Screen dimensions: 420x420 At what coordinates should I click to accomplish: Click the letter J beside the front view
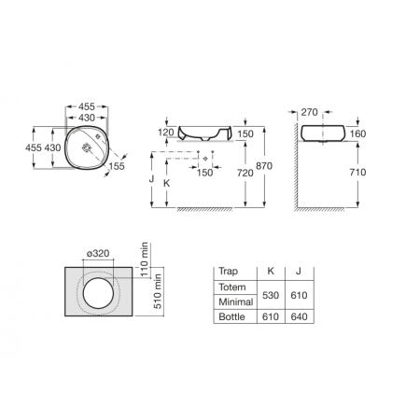152,175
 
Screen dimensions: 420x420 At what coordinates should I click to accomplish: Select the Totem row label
230,285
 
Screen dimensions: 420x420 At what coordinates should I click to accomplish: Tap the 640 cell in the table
298,317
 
